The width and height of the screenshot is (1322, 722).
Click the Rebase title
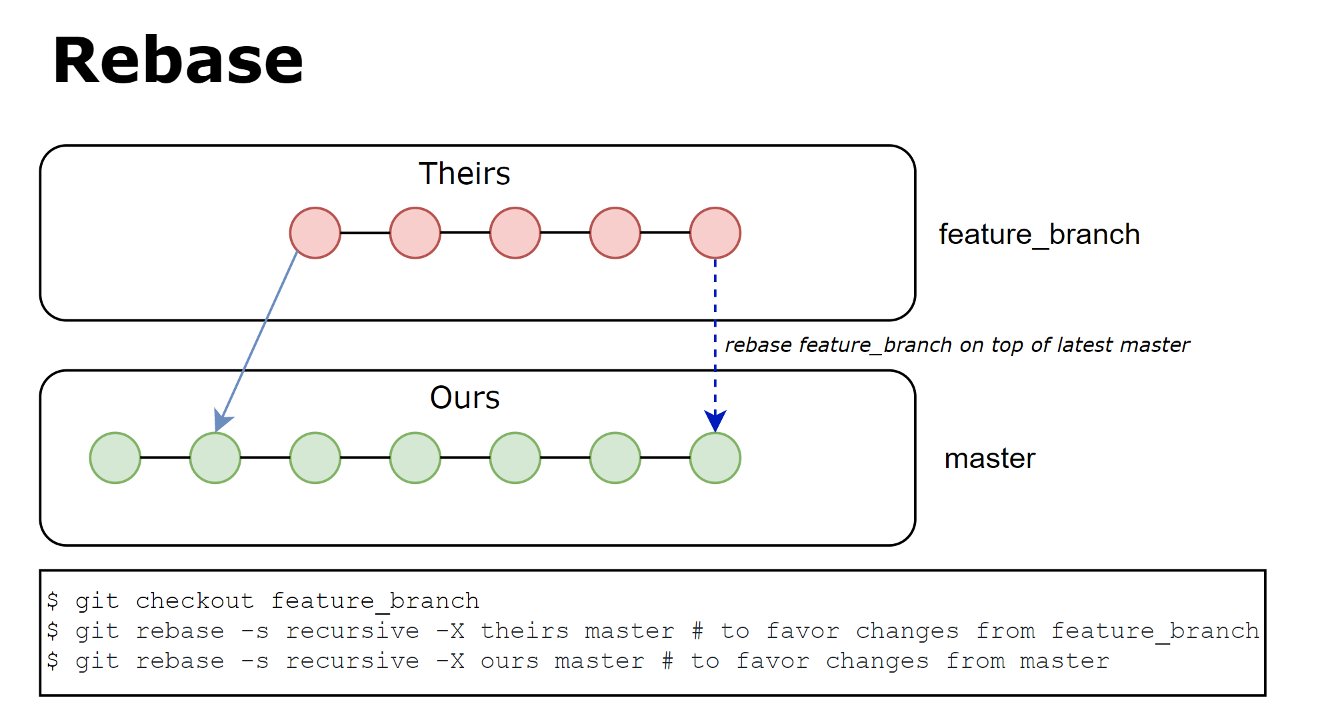click(x=177, y=61)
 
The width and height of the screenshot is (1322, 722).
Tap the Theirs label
click(x=464, y=174)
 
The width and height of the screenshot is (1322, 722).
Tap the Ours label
click(x=464, y=398)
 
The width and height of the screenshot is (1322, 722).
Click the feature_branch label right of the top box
click(x=1039, y=235)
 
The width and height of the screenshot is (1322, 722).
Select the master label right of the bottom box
click(x=989, y=459)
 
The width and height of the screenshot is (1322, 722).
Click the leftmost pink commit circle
click(x=315, y=233)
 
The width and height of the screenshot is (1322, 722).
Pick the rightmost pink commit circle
click(x=715, y=233)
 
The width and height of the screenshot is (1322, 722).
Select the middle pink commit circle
click(x=515, y=233)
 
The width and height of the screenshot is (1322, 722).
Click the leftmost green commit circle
click(x=115, y=458)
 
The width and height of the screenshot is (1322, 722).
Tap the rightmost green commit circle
click(x=715, y=458)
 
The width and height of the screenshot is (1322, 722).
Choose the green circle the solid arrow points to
click(x=215, y=458)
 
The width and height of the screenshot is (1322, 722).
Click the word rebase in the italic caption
click(x=758, y=345)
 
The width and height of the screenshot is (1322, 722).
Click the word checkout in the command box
click(x=194, y=601)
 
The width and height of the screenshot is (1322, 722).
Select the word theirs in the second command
click(x=524, y=631)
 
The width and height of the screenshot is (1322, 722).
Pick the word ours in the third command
click(x=509, y=661)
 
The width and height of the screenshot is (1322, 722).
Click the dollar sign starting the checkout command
click(x=53, y=601)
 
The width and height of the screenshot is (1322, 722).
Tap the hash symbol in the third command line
click(x=667, y=661)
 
